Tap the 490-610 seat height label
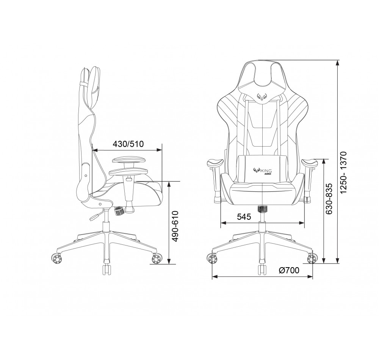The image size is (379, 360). point(175,226)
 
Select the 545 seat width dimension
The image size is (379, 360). point(244,217)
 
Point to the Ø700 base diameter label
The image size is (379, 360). point(289,270)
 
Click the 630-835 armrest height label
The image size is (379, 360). point(329,199)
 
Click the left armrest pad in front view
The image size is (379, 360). point(215,162)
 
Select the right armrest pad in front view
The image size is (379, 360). point(310,162)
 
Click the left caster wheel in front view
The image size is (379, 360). point(213,258)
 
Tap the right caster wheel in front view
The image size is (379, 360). point(312,258)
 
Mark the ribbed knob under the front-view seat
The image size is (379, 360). point(262,209)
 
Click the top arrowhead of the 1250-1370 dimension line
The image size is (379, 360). point(338,62)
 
